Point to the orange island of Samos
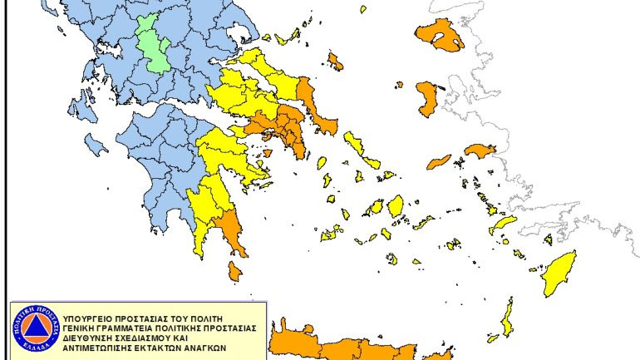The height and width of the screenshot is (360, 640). click(x=480, y=150)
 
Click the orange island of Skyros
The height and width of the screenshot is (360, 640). click(x=335, y=61)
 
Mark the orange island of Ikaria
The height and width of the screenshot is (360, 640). click(x=438, y=161)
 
